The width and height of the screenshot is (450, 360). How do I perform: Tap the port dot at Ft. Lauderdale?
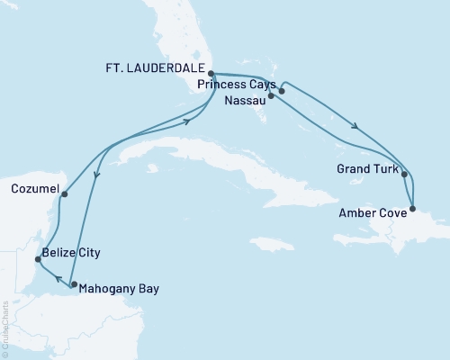tap(210, 75)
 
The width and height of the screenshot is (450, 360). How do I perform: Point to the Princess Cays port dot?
tap(282, 91)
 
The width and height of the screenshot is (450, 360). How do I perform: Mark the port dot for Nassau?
tap(271, 94)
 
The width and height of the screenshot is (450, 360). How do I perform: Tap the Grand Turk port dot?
tap(404, 175)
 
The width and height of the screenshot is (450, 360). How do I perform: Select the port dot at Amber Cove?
tap(413, 210)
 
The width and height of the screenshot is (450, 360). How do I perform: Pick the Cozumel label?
tap(35, 190)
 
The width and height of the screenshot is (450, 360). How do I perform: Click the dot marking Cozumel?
tap(64, 193)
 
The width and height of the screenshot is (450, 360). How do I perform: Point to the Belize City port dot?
tap(37, 259)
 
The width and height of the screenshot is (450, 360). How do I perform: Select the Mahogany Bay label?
tap(111, 289)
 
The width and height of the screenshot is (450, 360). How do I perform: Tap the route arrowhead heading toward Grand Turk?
tap(359, 127)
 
